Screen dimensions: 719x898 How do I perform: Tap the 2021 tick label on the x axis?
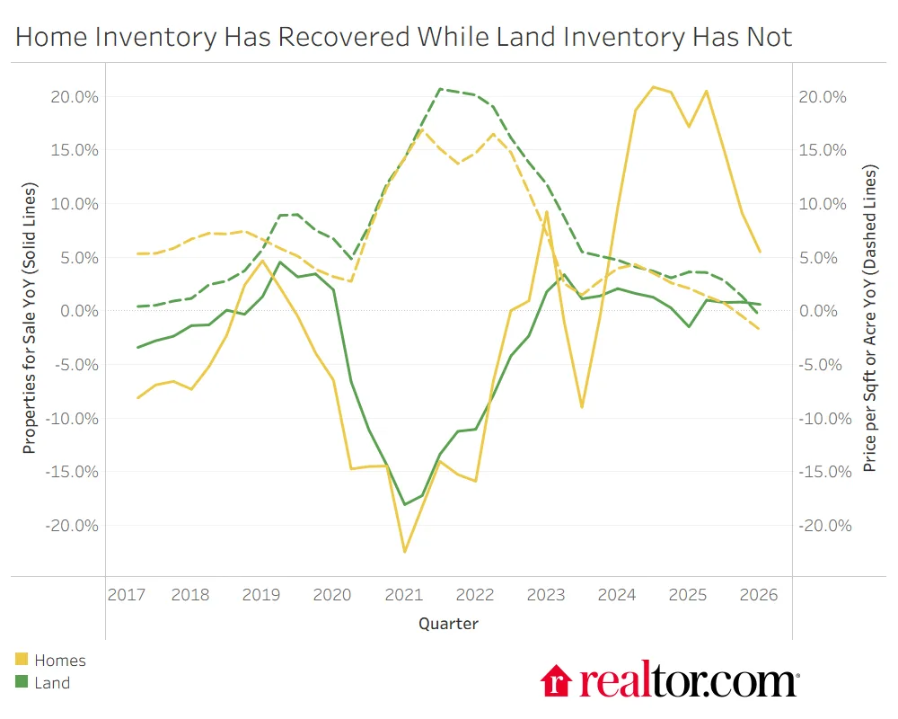pyautogui.click(x=403, y=595)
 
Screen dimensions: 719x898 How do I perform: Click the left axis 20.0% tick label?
pyautogui.click(x=75, y=97)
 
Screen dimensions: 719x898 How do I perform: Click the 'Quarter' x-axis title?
pyautogui.click(x=448, y=623)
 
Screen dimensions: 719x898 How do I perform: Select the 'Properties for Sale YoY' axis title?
pyautogui.click(x=30, y=319)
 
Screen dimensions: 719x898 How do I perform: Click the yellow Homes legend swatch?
pyautogui.click(x=22, y=661)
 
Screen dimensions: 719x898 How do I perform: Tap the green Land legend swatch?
pyautogui.click(x=22, y=683)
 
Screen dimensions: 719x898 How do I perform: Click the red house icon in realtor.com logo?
pyautogui.click(x=557, y=680)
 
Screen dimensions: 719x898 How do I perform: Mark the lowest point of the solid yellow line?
pyautogui.click(x=404, y=552)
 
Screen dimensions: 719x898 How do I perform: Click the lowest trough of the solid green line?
pyautogui.click(x=404, y=504)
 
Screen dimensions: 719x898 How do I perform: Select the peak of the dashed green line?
pyautogui.click(x=440, y=89)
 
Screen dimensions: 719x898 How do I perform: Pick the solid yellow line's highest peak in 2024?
pyautogui.click(x=653, y=87)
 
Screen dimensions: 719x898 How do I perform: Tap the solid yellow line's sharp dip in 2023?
pyautogui.click(x=582, y=407)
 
